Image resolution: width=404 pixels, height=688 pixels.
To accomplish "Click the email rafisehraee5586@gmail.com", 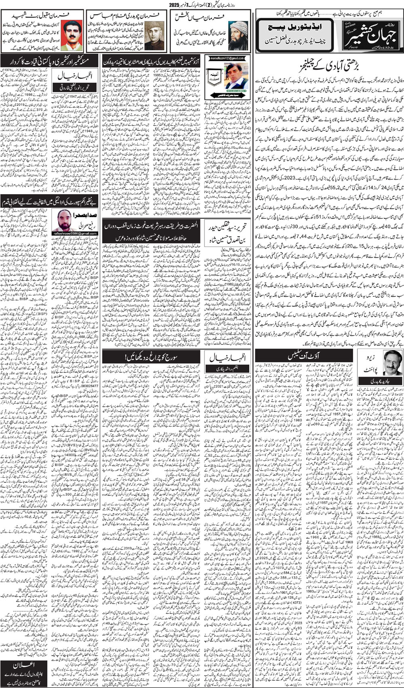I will pos(68,233).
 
